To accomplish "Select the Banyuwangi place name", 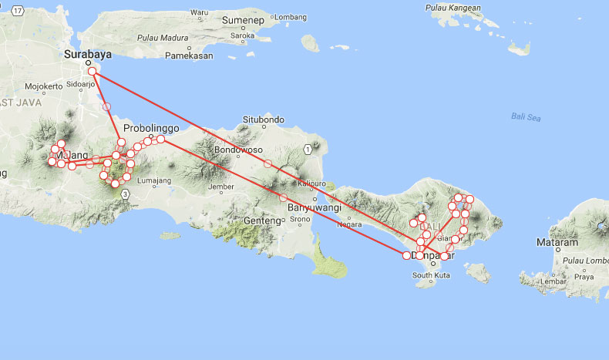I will (x=314, y=207).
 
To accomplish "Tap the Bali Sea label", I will (x=525, y=116).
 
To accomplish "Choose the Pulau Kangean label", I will (x=454, y=8).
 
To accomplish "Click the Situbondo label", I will (x=264, y=119).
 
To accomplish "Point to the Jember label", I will (x=220, y=187).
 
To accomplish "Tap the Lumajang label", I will (x=153, y=180).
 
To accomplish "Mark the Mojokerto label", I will (x=42, y=86).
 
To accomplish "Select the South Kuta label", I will (x=432, y=275).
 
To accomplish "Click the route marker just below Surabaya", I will (x=93, y=72).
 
